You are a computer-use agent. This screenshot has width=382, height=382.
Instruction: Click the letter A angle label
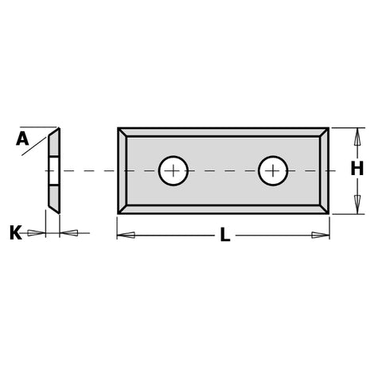click(22, 139)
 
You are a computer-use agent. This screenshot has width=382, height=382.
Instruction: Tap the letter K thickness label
click(15, 233)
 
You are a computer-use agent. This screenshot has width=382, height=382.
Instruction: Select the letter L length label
click(225, 236)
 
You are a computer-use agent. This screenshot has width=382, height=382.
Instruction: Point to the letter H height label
click(357, 169)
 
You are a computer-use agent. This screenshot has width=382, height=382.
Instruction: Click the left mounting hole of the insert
click(173, 170)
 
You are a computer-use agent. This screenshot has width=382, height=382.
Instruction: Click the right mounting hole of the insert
click(273, 170)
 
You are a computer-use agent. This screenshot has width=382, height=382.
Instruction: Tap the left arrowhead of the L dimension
click(126, 235)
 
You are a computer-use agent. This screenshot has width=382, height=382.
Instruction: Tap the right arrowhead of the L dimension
click(321, 235)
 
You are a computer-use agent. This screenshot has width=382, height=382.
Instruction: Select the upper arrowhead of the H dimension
click(357, 136)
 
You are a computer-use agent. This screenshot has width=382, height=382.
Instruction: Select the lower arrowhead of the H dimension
click(357, 205)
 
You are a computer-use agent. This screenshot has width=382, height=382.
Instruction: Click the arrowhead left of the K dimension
click(36, 233)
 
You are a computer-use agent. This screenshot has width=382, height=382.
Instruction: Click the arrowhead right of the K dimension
click(69, 233)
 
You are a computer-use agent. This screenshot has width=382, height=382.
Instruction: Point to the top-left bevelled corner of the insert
click(123, 132)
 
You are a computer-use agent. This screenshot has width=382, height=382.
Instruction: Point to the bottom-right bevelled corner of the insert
click(324, 209)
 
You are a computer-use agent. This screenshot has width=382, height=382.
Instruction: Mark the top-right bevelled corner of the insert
click(324, 132)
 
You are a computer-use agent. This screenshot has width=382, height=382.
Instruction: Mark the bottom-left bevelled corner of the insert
click(123, 209)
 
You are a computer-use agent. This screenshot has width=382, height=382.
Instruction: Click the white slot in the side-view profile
click(53, 170)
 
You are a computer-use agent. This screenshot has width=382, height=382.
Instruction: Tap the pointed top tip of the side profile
click(58, 129)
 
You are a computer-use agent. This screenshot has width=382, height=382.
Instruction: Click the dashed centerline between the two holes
click(223, 170)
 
